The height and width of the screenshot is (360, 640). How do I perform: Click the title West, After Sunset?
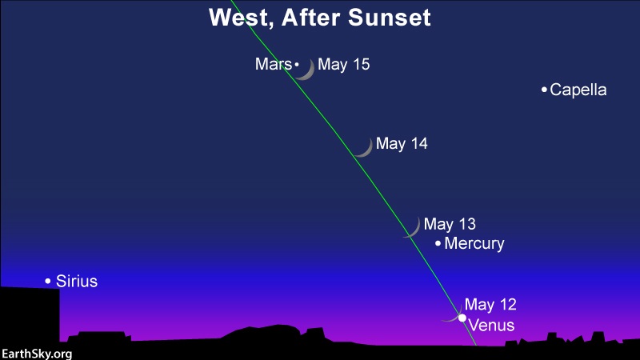[319, 18]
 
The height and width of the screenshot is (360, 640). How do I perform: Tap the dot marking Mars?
[297, 64]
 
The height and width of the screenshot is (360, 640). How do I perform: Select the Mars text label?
[274, 64]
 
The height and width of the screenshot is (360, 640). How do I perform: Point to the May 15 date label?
[344, 64]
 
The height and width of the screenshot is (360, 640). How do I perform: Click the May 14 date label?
[402, 143]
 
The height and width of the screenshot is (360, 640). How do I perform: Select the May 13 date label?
[450, 224]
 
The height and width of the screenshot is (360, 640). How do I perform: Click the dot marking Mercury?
[438, 243]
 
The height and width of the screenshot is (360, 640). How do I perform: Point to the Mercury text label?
[474, 243]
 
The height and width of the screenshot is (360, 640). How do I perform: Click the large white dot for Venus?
[462, 318]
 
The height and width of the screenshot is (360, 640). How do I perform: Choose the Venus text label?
[491, 326]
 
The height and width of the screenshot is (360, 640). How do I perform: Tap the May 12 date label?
[490, 304]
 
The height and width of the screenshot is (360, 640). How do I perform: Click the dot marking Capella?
[544, 90]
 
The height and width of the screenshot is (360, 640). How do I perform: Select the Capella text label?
[578, 90]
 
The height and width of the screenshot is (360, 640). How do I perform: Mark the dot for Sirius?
[48, 281]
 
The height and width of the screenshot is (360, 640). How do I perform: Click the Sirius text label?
[77, 282]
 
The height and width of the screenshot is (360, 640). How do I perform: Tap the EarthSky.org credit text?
[37, 354]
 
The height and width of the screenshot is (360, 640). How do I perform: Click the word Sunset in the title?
[389, 18]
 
